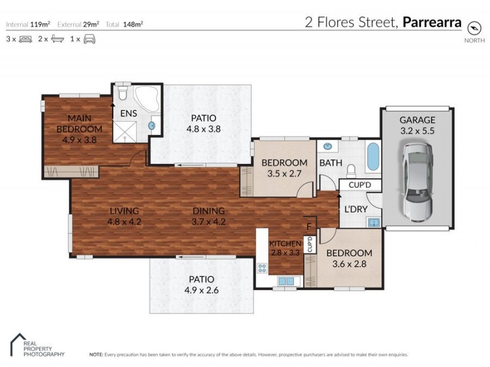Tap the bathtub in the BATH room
372,158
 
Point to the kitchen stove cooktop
262,267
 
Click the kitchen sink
286,281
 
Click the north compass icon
473,28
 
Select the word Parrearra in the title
432,23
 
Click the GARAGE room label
417,120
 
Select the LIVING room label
124,211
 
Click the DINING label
208,211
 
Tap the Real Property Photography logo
37,346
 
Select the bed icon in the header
25,39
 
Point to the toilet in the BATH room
352,170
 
